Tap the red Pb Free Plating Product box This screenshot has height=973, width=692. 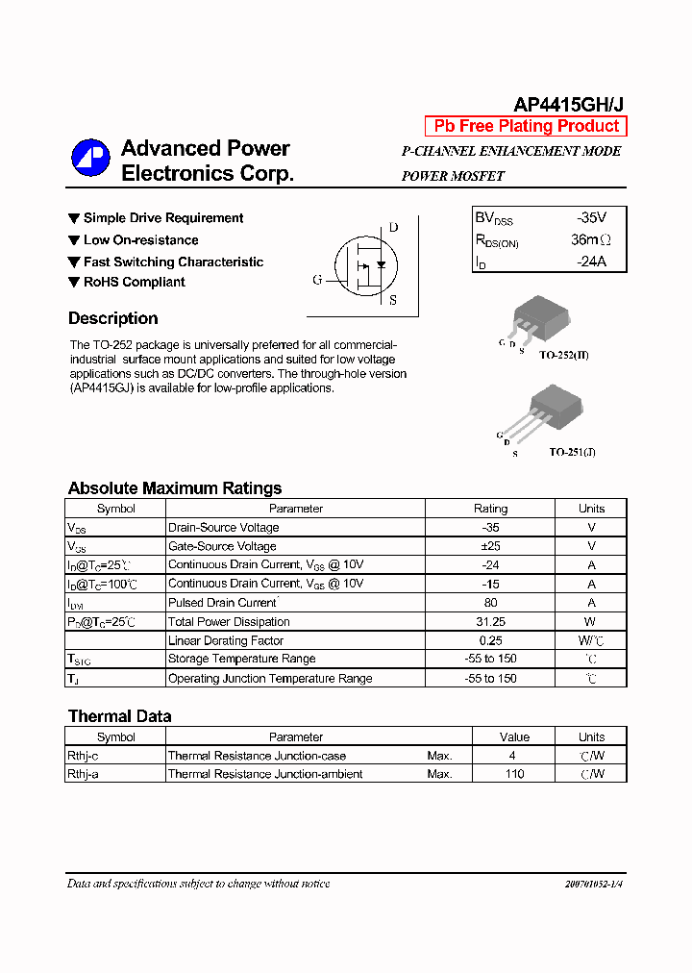[526, 127]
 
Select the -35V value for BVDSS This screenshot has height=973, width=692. [591, 218]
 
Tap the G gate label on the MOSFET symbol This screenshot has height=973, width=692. [317, 280]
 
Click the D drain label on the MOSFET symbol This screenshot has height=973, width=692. [392, 228]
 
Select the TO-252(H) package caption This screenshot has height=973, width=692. [563, 356]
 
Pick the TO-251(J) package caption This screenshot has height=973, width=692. [572, 452]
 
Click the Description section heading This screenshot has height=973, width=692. [113, 319]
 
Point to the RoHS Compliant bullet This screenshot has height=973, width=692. [134, 282]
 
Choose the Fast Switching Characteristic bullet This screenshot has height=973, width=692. [173, 262]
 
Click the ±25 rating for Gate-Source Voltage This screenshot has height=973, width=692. [490, 546]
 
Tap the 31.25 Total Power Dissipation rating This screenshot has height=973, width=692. [490, 622]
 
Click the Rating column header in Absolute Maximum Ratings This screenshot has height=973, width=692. [490, 509]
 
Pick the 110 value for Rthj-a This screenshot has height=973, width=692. [514, 774]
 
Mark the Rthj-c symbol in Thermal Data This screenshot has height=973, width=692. [83, 756]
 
